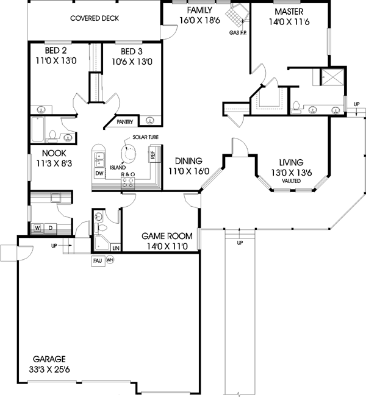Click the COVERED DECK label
(94, 19)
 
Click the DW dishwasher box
(99, 174)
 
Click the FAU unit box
(97, 260)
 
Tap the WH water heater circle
(110, 260)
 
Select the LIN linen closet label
(115, 248)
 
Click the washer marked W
(37, 229)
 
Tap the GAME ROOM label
(167, 236)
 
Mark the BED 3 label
(132, 51)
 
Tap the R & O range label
(127, 174)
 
